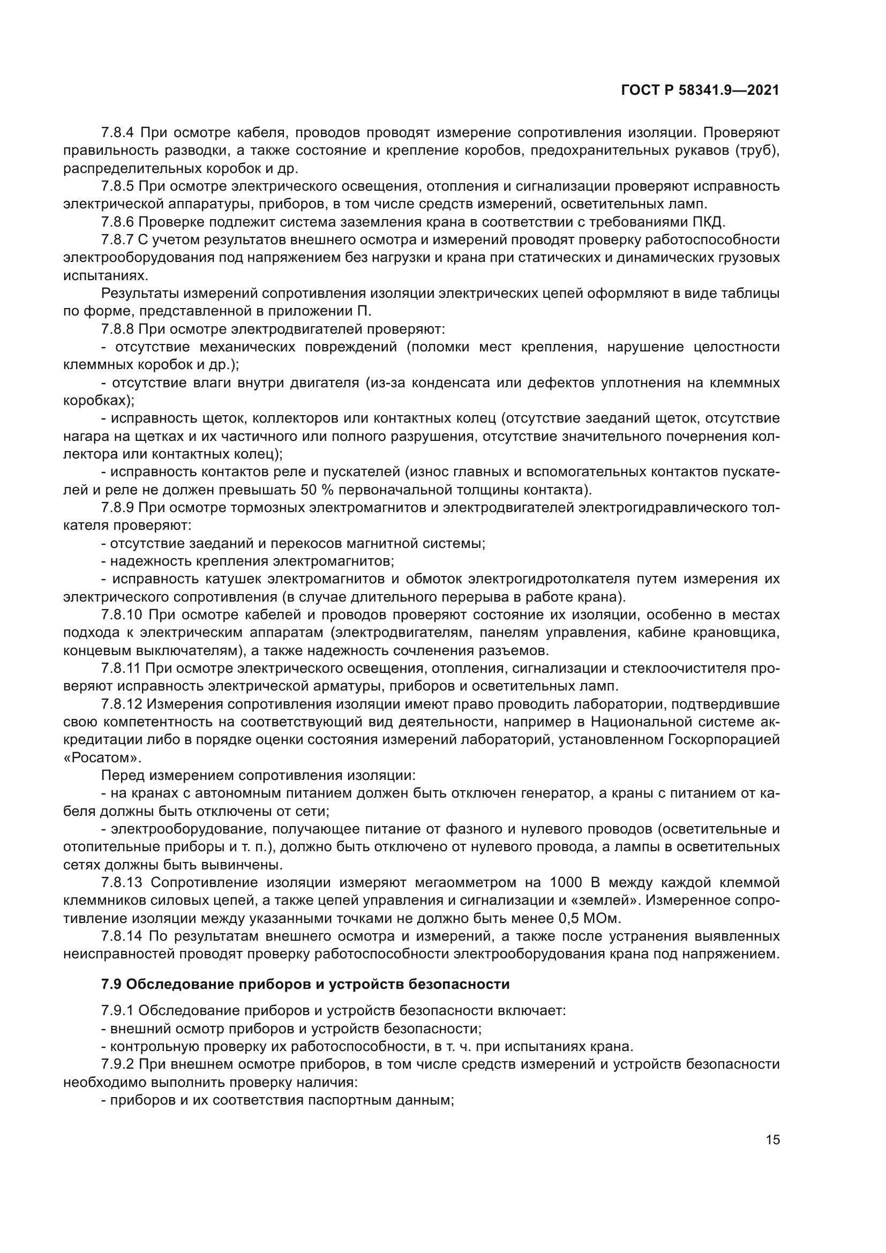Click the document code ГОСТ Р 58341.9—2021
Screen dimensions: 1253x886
[x=700, y=91]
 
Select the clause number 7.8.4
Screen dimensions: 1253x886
[x=117, y=133]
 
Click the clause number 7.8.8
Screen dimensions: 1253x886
[x=117, y=329]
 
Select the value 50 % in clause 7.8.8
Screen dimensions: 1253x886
[x=315, y=490]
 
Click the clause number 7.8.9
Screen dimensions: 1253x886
[x=117, y=507]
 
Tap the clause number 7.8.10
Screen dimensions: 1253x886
[x=122, y=614]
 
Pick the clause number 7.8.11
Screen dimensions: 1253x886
[x=121, y=668]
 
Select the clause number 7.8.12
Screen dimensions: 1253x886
[x=122, y=704]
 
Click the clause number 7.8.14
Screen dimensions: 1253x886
[x=122, y=936]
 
